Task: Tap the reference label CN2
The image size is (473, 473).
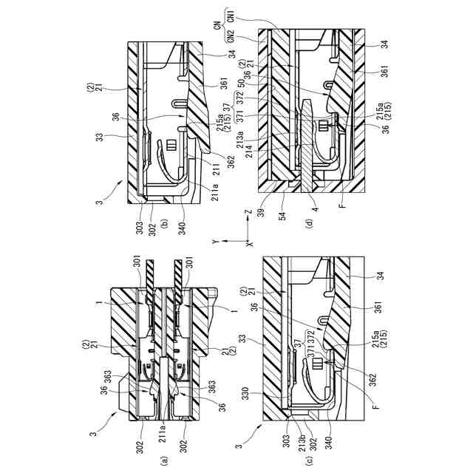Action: click(x=231, y=35)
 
